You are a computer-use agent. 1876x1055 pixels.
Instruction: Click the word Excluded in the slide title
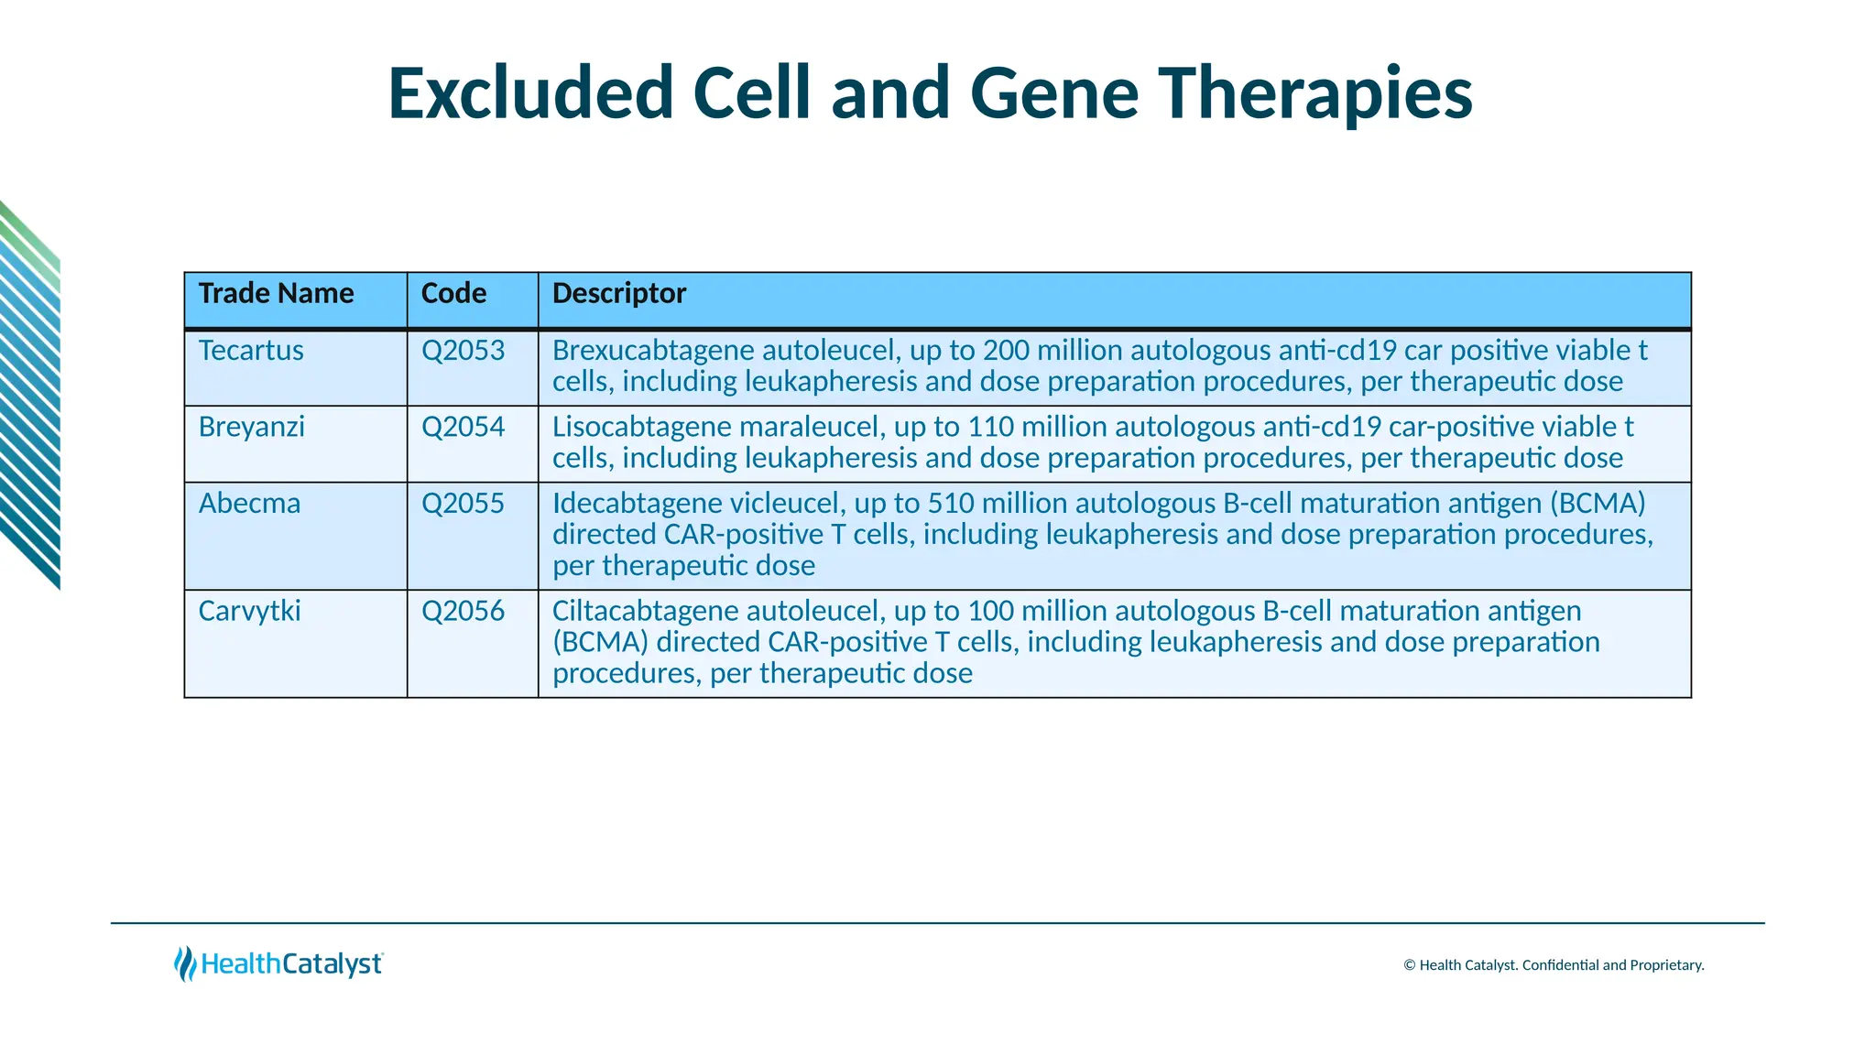coord(531,93)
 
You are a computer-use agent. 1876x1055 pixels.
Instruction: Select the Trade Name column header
coord(276,293)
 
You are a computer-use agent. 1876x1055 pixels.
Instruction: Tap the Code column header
coord(453,293)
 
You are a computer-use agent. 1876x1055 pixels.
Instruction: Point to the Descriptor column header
coord(618,293)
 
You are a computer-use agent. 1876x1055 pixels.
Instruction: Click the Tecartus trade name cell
coord(251,351)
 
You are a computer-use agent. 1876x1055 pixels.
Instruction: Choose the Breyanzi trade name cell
coord(251,427)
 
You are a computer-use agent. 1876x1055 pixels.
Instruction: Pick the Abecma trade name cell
coord(249,504)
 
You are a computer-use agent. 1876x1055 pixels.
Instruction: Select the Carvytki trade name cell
coord(249,611)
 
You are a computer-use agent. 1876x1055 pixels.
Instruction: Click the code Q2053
coord(463,351)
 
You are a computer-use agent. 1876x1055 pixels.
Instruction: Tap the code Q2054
coord(463,427)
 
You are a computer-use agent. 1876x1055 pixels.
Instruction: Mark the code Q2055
coord(463,504)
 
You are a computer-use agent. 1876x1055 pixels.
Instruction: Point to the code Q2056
coord(463,611)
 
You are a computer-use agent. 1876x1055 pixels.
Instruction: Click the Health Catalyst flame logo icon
coord(185,963)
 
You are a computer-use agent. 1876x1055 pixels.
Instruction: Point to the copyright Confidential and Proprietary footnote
coord(1554,965)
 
